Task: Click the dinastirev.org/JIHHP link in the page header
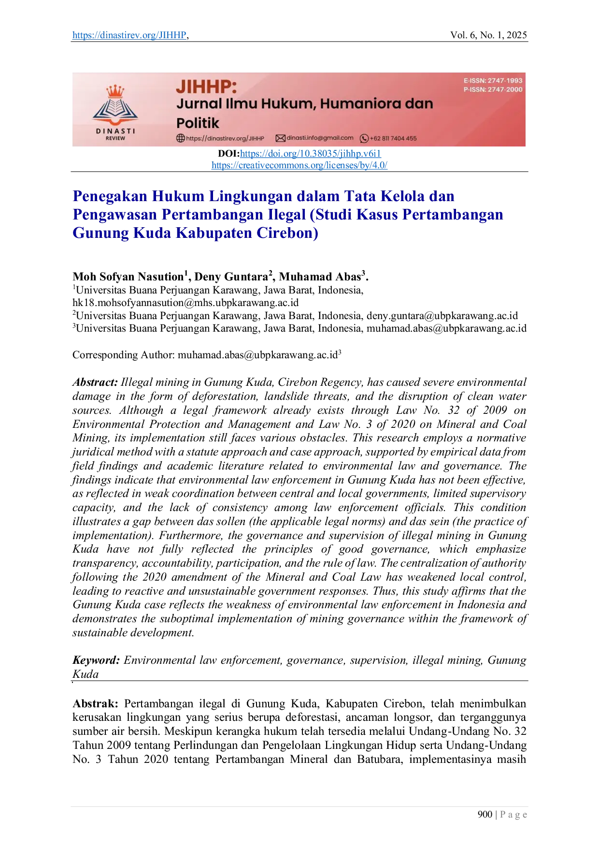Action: click(129, 35)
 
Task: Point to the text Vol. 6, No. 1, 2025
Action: click(488, 35)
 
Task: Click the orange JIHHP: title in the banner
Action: click(206, 87)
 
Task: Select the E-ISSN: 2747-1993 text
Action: click(493, 81)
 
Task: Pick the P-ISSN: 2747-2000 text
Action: click(493, 89)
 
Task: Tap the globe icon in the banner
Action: click(181, 138)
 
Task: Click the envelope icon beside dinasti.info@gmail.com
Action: click(280, 138)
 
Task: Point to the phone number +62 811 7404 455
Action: click(393, 138)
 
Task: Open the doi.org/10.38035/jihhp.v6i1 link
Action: click(311, 154)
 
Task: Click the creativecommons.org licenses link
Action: click(299, 165)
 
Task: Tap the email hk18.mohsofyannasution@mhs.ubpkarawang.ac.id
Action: click(185, 303)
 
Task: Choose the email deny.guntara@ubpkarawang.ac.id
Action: click(442, 316)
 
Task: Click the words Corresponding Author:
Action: click(124, 355)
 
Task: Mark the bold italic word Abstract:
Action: click(95, 382)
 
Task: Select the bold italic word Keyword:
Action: click(96, 660)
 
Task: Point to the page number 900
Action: click(485, 815)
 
